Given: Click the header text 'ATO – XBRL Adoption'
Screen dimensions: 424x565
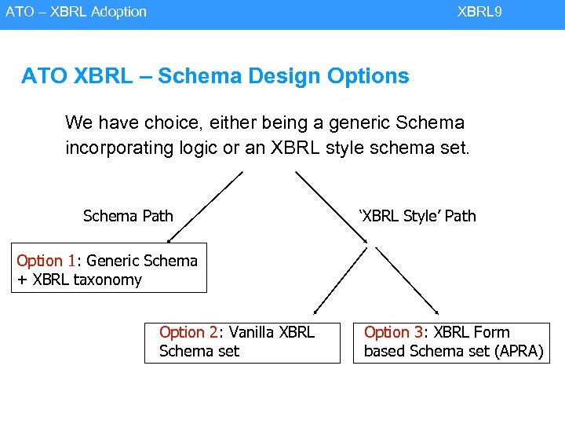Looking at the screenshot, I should click(x=76, y=12).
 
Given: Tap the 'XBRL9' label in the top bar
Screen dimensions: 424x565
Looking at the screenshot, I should click(x=479, y=12).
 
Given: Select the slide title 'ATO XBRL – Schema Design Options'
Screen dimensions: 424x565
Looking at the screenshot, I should click(x=215, y=76).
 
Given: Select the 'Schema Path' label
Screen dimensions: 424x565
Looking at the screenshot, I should click(x=128, y=216).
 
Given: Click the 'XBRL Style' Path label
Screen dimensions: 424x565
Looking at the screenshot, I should click(x=417, y=216).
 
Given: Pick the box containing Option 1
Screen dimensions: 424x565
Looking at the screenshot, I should click(x=109, y=268).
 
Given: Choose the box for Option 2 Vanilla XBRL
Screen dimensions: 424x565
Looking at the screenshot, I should click(x=242, y=342).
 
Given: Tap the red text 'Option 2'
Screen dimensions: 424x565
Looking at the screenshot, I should click(x=186, y=333).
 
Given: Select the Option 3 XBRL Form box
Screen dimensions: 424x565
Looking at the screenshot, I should click(x=453, y=342).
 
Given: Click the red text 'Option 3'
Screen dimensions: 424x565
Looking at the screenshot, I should click(x=391, y=333).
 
